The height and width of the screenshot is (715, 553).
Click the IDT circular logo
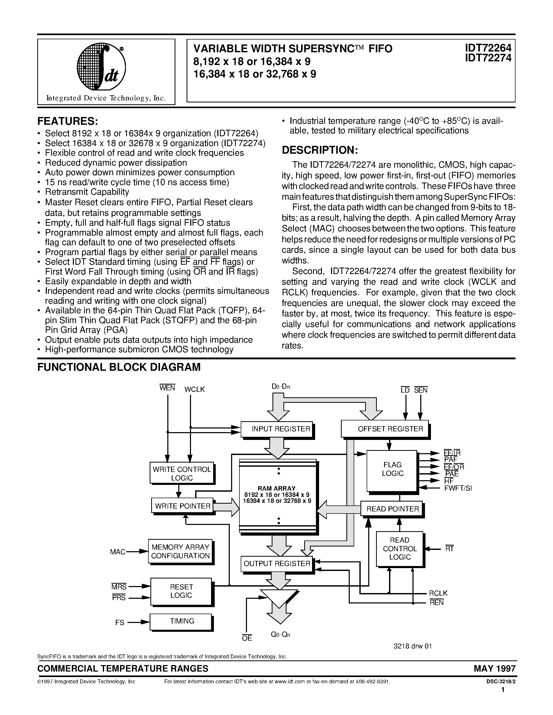click(101, 67)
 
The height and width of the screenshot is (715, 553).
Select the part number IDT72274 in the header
click(488, 58)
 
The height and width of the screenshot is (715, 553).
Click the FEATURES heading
click(67, 121)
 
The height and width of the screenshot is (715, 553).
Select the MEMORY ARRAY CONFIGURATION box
click(180, 551)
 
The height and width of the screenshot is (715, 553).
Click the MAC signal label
click(118, 552)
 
